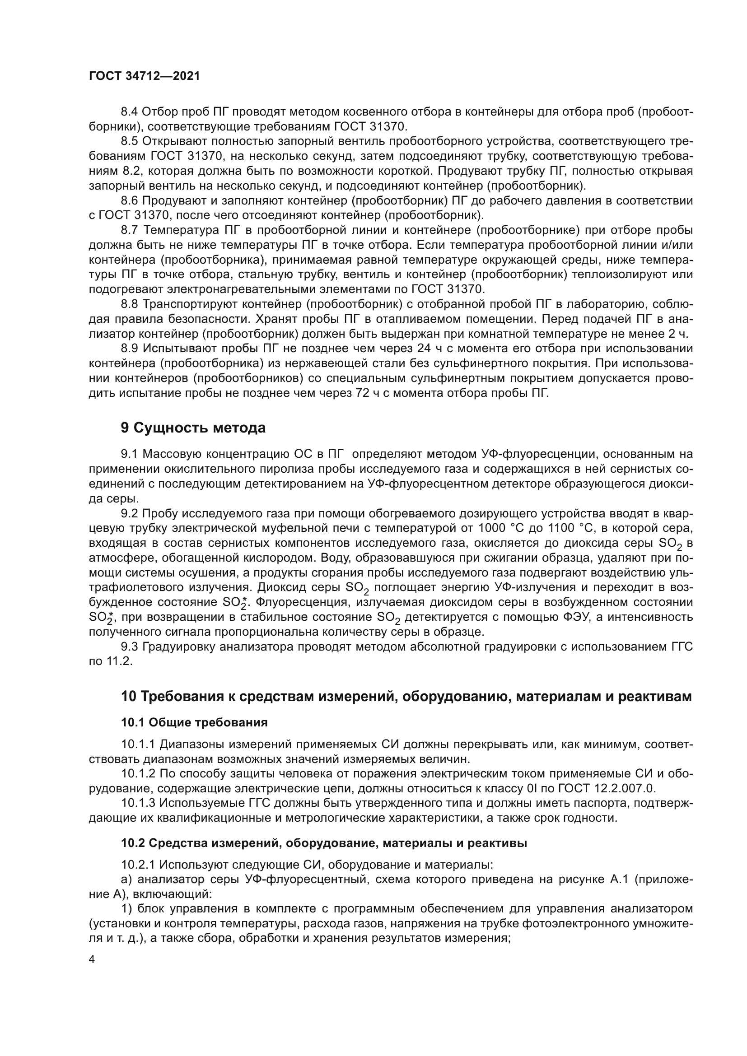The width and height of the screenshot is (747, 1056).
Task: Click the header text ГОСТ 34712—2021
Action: (x=145, y=76)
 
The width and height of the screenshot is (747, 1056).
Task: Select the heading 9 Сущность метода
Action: (x=193, y=428)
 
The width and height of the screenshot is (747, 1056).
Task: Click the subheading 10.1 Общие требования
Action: (x=194, y=722)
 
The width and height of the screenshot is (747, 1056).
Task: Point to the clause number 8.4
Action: (x=130, y=112)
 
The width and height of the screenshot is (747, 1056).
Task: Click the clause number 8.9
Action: (x=130, y=349)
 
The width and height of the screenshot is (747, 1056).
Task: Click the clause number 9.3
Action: (x=130, y=647)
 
